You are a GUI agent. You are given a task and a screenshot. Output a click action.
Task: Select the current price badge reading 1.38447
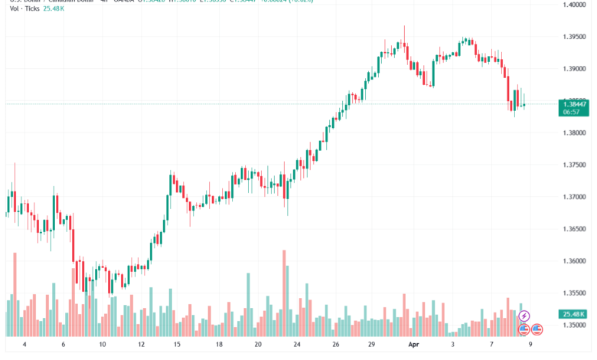coord(573,104)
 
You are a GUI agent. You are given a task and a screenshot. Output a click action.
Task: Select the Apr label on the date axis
coord(413,345)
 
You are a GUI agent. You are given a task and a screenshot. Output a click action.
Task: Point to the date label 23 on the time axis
coord(297,345)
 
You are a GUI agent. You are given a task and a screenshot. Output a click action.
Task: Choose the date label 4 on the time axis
coord(24,345)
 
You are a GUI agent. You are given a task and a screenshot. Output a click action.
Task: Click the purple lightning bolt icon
coord(524,316)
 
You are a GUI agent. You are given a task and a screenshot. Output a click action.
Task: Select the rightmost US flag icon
coord(537,329)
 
